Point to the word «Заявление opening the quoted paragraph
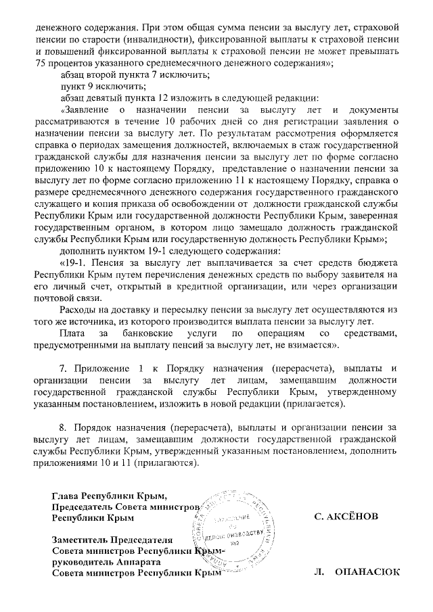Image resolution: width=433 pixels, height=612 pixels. (x=87, y=109)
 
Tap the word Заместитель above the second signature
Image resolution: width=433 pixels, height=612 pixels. (x=85, y=540)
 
